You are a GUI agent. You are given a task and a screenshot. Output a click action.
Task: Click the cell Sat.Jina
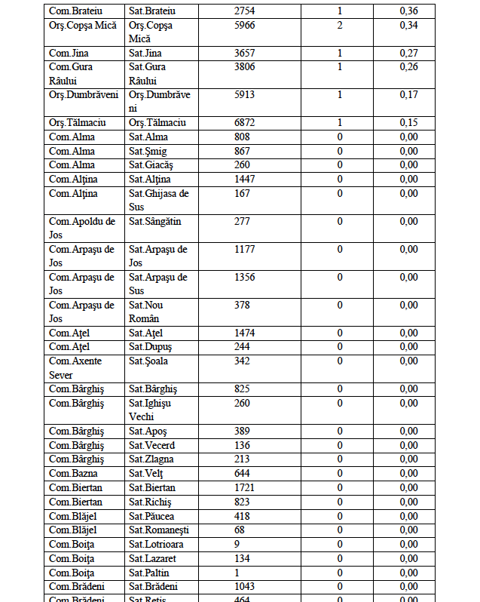(x=145, y=54)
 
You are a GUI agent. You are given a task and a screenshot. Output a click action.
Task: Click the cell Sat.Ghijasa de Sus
(x=158, y=200)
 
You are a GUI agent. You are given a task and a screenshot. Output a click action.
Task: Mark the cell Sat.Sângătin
(x=154, y=222)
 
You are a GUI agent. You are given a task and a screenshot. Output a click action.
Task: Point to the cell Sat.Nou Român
(x=145, y=312)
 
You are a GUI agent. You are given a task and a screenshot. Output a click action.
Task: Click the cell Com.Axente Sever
(x=75, y=367)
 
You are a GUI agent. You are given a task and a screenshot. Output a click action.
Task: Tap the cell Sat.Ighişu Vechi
(x=150, y=410)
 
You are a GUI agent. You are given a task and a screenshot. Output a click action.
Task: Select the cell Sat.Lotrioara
(x=156, y=545)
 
